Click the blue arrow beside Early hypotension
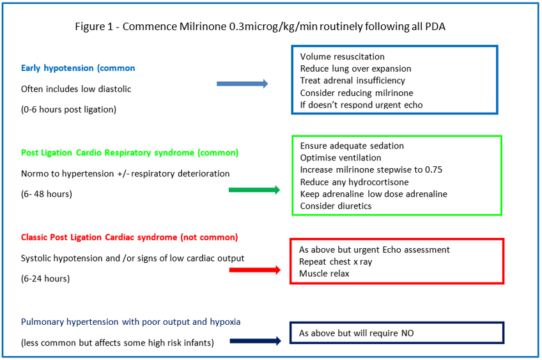(242, 84)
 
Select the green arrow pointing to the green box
(254, 189)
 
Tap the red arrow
(254, 270)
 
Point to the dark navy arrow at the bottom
(254, 341)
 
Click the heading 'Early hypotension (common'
(78, 68)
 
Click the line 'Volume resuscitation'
(343, 56)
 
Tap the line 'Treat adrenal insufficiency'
(352, 81)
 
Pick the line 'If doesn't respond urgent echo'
(361, 105)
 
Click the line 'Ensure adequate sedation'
(352, 146)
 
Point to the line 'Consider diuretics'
(336, 206)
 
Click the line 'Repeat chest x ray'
(336, 262)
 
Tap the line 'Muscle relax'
(324, 274)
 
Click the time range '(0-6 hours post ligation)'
(68, 109)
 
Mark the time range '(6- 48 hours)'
(47, 194)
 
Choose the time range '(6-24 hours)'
(45, 278)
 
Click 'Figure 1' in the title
(94, 27)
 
